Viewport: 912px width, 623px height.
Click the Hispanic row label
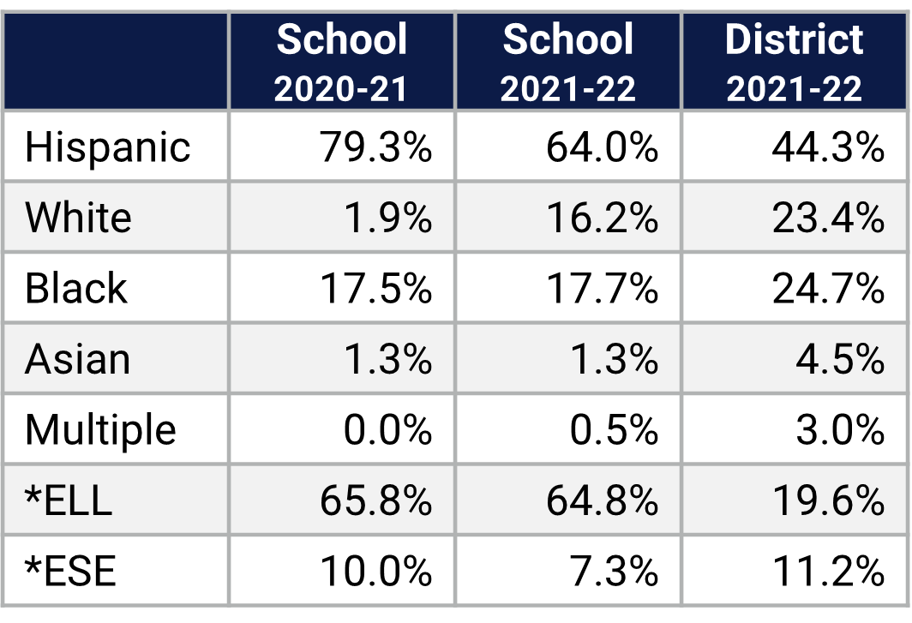coord(107,147)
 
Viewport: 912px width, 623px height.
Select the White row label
coord(78,218)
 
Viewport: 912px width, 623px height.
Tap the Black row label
coord(75,288)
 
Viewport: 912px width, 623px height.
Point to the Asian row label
coord(77,359)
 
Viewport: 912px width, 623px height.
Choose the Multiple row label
coord(100,429)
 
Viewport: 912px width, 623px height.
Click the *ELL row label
coord(69,500)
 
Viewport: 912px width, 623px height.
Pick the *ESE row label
coord(70,571)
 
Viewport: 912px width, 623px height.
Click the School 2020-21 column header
coord(341,63)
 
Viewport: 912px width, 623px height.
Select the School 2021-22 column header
coord(568,63)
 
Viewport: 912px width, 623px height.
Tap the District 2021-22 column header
coord(795,63)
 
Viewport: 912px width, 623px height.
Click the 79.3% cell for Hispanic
coord(375,147)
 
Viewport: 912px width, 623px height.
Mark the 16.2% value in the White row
coord(602,218)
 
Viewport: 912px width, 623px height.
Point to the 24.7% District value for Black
coord(828,288)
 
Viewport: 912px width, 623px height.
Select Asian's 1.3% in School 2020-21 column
coord(387,359)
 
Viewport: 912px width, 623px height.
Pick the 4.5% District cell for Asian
coord(840,359)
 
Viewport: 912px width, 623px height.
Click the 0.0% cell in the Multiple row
coord(387,429)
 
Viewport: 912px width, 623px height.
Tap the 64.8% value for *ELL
coord(602,500)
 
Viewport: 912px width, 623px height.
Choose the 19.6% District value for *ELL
coord(828,500)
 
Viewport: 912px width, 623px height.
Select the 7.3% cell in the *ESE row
coord(614,571)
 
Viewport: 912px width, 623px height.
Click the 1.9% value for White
coord(387,218)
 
